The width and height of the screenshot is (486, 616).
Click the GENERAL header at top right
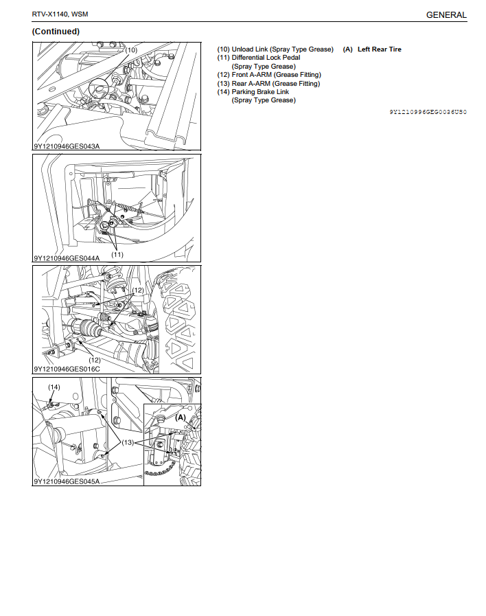click(446, 15)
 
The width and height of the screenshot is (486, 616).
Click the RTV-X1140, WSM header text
click(60, 14)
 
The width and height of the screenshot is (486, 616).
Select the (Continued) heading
click(56, 32)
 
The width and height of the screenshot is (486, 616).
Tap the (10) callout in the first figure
click(131, 50)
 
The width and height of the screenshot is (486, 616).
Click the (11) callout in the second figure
click(117, 254)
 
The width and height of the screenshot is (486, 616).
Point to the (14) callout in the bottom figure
click(54, 387)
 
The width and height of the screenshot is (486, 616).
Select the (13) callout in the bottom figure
click(128, 442)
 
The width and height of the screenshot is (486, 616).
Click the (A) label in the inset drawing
click(181, 418)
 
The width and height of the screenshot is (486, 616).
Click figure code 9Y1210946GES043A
click(67, 146)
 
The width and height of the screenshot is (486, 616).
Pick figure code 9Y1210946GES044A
click(67, 258)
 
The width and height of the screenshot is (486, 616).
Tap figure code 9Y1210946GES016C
click(67, 369)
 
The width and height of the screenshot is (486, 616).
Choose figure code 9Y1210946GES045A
click(67, 481)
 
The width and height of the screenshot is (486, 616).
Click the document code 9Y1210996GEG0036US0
click(428, 112)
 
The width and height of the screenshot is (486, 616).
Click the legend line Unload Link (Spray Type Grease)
click(283, 49)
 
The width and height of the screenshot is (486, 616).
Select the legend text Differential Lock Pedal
click(266, 58)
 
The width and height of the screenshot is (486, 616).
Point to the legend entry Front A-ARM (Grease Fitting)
click(277, 75)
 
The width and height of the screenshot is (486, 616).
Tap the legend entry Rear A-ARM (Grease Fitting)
click(275, 83)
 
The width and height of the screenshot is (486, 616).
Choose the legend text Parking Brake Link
click(260, 91)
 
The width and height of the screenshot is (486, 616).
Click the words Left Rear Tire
click(379, 49)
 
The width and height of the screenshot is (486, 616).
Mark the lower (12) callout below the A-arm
click(95, 360)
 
